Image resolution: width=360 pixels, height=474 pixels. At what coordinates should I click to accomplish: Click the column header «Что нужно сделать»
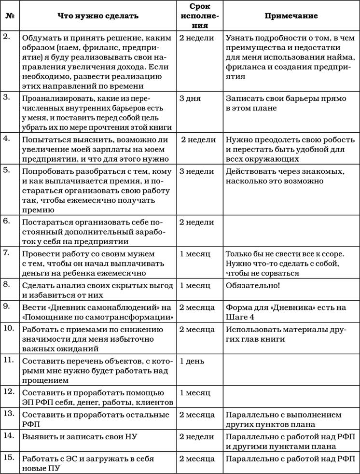coord(98,16)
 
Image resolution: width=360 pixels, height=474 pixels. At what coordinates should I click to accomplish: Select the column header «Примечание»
coord(291,16)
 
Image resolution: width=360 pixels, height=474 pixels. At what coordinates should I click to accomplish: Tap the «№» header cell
coord(9,16)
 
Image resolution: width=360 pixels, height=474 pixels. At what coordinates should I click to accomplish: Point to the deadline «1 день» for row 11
coord(192,361)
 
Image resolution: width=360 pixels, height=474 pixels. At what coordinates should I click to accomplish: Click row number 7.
coord(7,253)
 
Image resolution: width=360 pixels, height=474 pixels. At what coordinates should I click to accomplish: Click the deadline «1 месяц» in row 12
coord(194,393)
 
